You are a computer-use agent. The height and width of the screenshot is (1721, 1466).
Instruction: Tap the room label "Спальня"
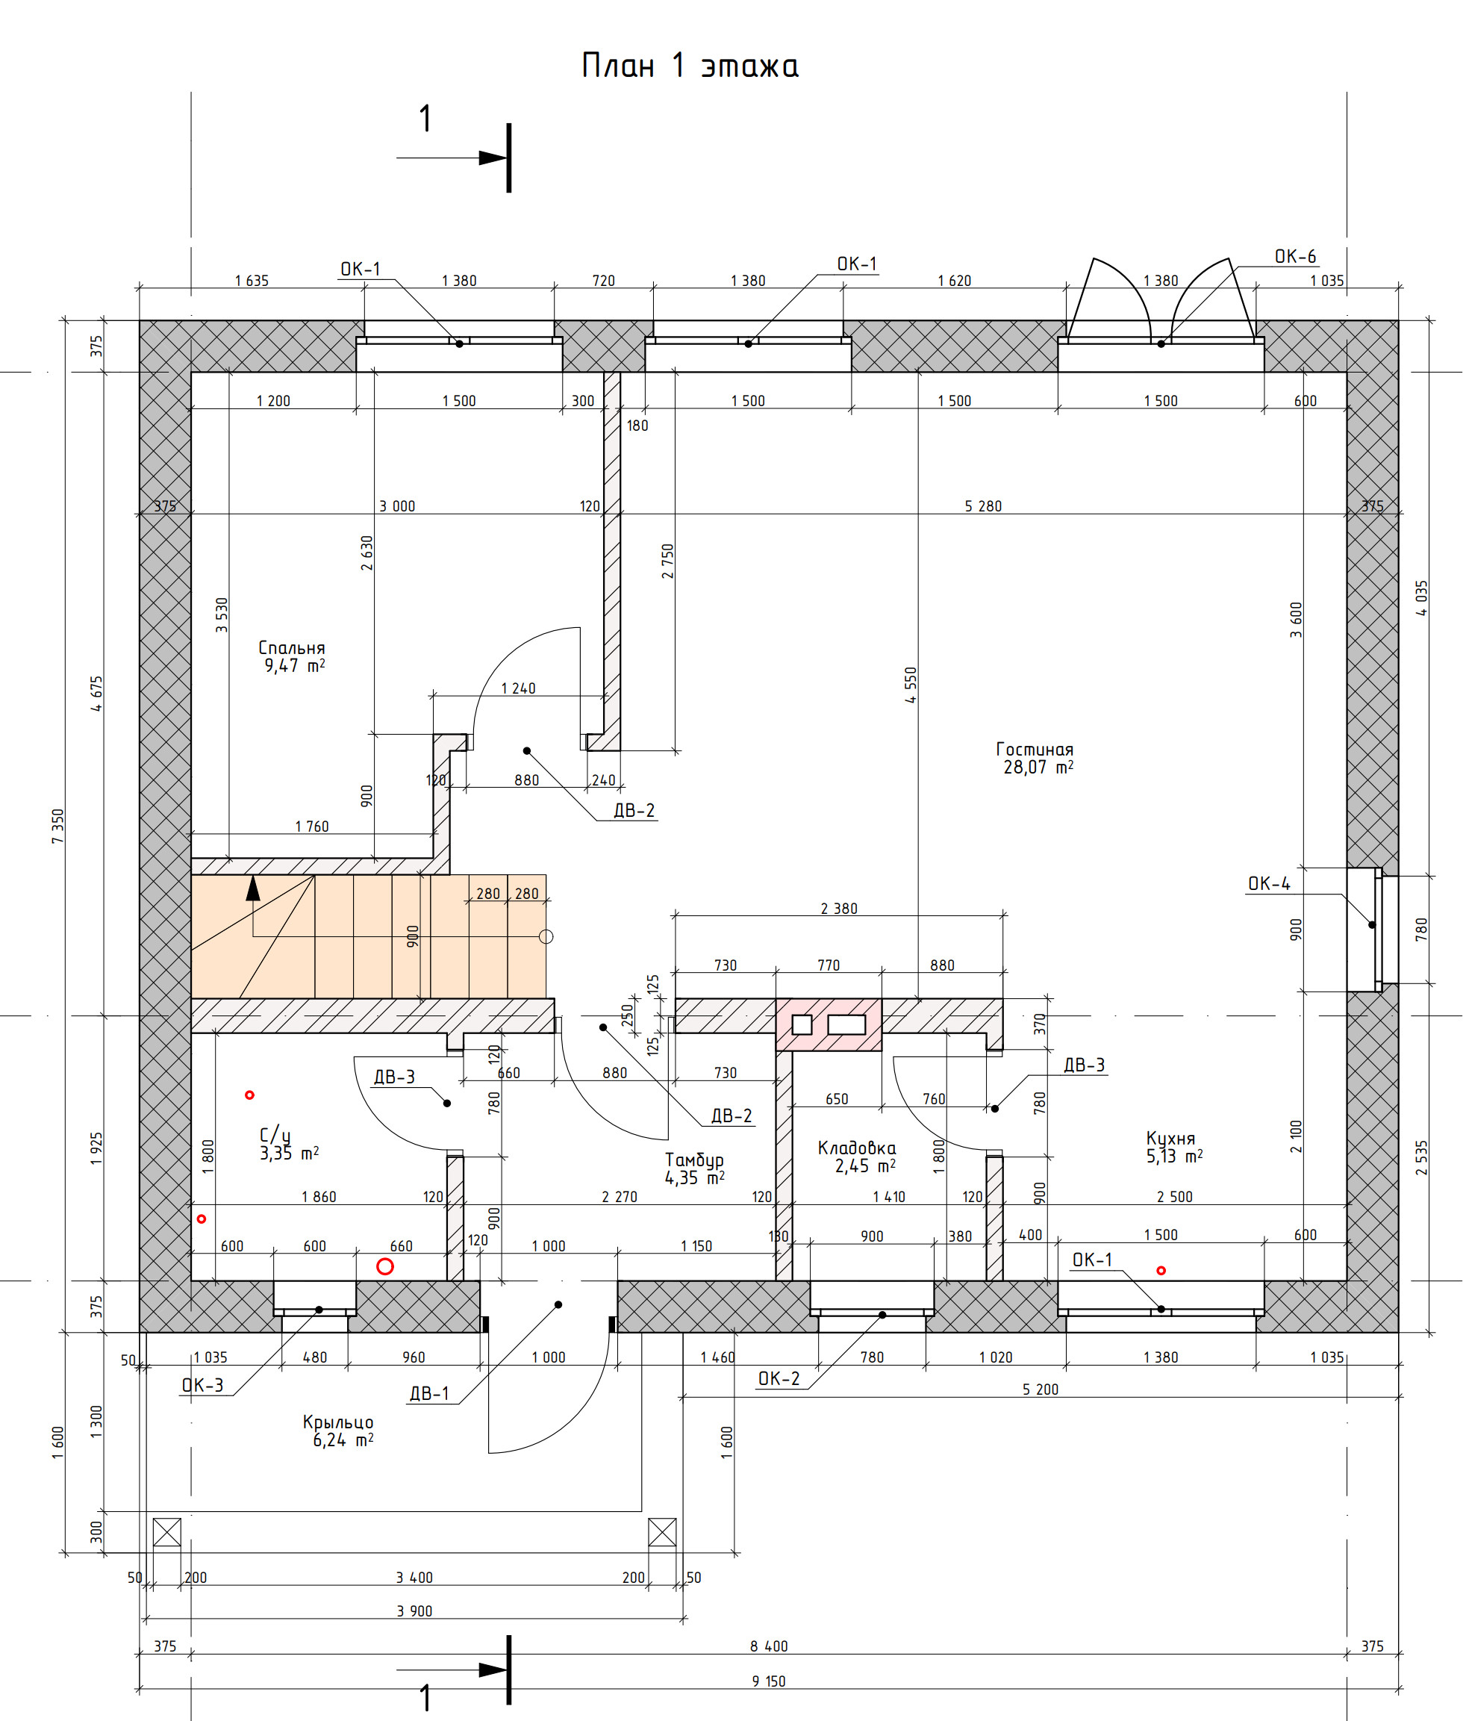click(292, 647)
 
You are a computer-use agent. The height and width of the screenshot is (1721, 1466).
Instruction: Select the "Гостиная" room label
click(1034, 749)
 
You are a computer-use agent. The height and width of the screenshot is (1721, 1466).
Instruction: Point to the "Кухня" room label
click(1170, 1138)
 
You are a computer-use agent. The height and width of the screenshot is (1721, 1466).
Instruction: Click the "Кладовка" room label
click(856, 1148)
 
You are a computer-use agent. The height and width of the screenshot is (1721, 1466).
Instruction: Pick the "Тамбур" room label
click(693, 1160)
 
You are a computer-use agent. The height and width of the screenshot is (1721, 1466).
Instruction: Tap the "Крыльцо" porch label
click(338, 1422)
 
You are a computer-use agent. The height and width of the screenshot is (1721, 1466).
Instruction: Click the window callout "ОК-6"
click(1295, 257)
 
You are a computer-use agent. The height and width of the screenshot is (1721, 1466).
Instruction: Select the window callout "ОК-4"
click(1269, 884)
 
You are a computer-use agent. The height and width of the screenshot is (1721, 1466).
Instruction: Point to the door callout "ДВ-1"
click(428, 1394)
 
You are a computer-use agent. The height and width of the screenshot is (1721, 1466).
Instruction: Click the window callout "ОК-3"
click(203, 1386)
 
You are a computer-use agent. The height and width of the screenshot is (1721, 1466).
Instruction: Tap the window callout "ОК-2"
click(779, 1379)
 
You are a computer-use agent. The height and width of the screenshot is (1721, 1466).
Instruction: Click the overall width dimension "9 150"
click(768, 1681)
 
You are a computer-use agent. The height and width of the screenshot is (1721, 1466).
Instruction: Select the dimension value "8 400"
click(768, 1646)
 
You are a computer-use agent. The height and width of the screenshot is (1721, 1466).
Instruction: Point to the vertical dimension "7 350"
click(57, 827)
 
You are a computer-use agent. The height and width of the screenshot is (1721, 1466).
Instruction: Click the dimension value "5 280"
click(982, 505)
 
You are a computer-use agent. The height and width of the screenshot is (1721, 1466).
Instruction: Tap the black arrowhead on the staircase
click(252, 888)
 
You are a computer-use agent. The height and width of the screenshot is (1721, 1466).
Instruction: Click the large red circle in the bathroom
click(384, 1266)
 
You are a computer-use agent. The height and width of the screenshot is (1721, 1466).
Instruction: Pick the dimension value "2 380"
click(839, 909)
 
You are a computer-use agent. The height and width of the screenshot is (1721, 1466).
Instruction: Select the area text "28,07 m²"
click(1038, 768)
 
